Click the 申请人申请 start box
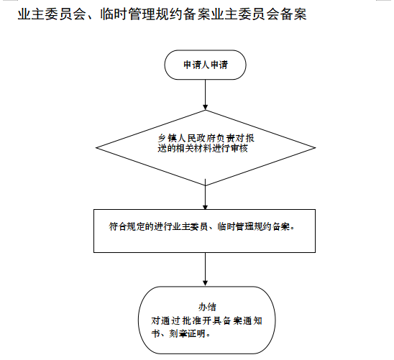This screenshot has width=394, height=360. (x=205, y=65)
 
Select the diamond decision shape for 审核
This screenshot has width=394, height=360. (x=206, y=147)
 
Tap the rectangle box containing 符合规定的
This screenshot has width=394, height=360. (x=204, y=231)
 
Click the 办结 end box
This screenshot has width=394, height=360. (x=207, y=320)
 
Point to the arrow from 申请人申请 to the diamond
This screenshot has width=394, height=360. (x=206, y=95)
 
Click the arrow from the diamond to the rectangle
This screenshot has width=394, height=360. (x=206, y=194)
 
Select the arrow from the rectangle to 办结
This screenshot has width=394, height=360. (x=206, y=269)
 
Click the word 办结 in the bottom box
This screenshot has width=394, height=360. (x=207, y=307)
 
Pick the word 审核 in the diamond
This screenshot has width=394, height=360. (x=239, y=148)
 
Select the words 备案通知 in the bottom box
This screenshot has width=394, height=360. (x=243, y=320)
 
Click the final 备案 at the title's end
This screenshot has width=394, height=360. (x=293, y=14)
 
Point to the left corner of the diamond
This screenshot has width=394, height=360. (x=96, y=147)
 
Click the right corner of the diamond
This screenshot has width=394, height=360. (x=316, y=147)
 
